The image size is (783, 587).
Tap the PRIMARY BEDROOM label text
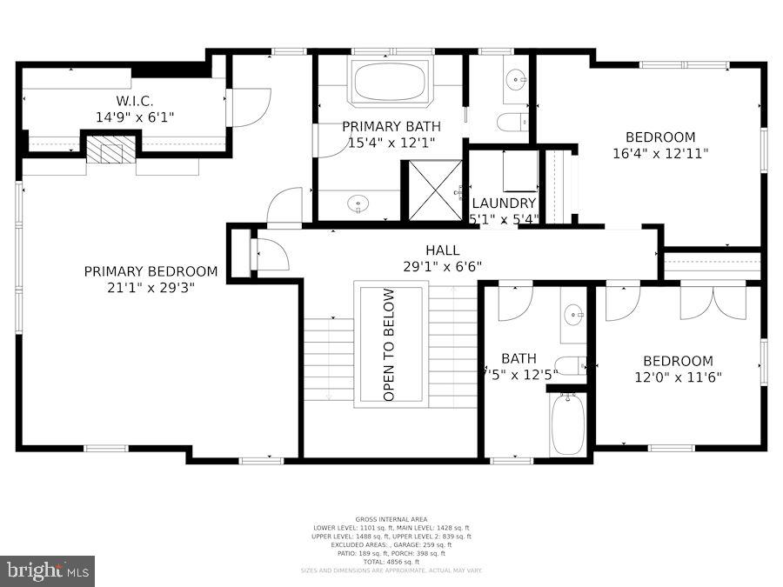151,271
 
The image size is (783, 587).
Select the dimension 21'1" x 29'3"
151,287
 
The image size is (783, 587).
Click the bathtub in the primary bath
389,83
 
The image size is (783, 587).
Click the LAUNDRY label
504,203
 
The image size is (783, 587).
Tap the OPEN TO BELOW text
390,344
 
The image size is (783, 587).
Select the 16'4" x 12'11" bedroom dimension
660,153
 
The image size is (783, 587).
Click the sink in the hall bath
573,314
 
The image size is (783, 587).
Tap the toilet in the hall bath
570,366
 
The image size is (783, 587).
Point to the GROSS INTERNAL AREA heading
391,519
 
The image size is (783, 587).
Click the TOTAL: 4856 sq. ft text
391,562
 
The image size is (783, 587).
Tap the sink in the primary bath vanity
358,205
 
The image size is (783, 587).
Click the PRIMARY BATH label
389,126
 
